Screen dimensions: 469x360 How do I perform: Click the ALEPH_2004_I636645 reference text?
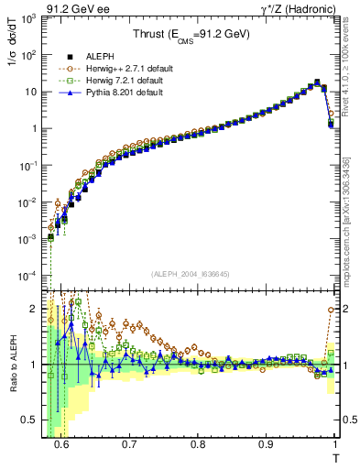point(191,274)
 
